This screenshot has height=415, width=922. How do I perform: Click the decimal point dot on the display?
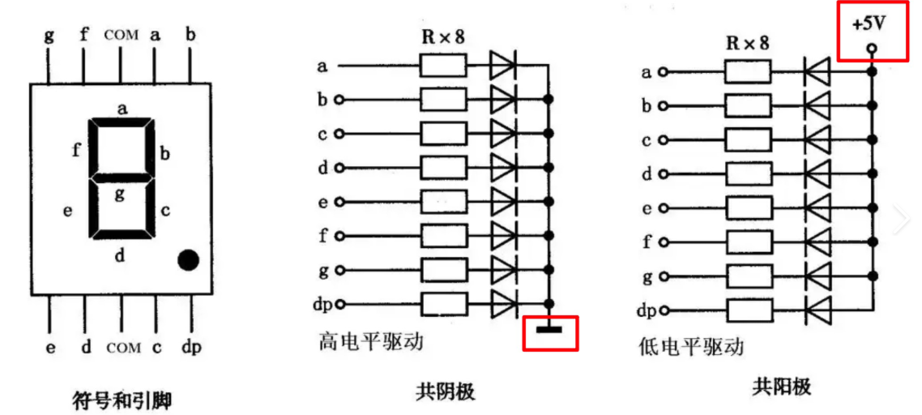coord(188,259)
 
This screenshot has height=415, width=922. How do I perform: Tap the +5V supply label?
coord(870,25)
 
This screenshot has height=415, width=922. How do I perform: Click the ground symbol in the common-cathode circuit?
coord(550,327)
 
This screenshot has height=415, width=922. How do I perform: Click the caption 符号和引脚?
coord(122,399)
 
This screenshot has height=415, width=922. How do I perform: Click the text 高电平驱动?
coord(372,342)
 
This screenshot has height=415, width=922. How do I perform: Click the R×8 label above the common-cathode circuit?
coord(442,36)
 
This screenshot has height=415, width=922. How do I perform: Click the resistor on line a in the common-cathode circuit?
coord(443,66)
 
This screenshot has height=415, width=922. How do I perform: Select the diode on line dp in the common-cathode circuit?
coord(503,304)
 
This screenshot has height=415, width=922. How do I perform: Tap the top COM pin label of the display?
coord(122,35)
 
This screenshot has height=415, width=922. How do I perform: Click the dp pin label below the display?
coord(191,348)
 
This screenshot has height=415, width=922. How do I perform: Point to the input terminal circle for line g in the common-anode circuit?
coord(662,276)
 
